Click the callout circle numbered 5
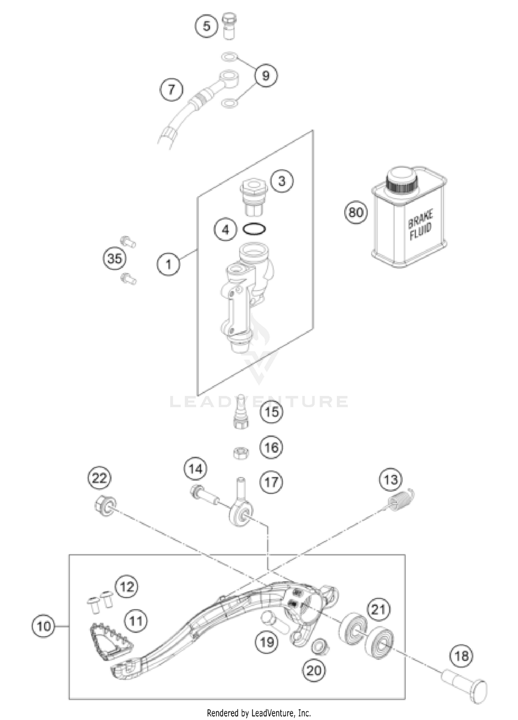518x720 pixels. [206, 26]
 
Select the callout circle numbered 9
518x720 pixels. [266, 75]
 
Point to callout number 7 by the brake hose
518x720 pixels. [171, 89]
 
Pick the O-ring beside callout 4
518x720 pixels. [254, 229]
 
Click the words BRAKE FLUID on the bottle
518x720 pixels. [420, 225]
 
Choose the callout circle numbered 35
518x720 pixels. [115, 258]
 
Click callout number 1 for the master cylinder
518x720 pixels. [168, 265]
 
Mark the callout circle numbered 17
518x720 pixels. [271, 482]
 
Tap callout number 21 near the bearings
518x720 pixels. [378, 609]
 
